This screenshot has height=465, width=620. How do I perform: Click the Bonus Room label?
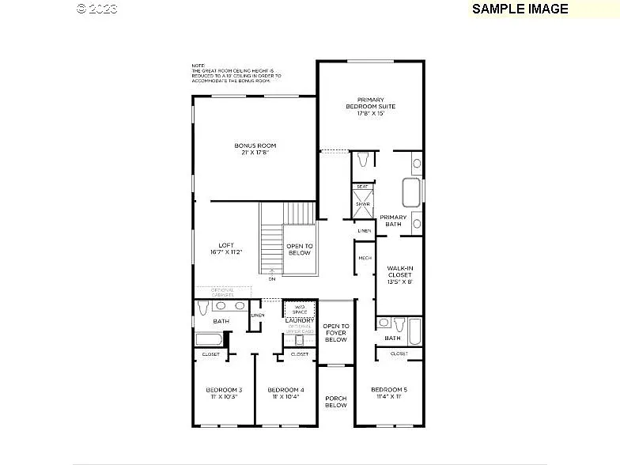tap(255, 149)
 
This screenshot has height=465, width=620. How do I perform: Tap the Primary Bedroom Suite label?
tap(370, 106)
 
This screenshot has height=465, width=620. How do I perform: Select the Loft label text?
tap(226, 248)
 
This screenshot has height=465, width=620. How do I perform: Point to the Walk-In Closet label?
tap(399, 274)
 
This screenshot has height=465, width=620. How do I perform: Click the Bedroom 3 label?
tap(224, 393)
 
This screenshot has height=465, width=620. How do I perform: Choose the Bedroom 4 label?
tap(285, 393)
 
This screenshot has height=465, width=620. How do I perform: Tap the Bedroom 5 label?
tap(388, 393)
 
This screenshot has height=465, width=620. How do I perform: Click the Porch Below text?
tap(336, 402)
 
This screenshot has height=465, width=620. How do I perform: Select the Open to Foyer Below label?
tap(336, 332)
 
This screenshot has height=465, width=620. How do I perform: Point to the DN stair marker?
tap(272, 278)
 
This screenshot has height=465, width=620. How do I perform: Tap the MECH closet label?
tap(365, 258)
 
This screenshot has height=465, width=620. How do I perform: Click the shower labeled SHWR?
tap(362, 204)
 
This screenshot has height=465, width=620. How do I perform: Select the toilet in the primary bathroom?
tap(363, 161)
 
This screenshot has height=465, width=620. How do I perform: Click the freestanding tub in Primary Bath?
tap(412, 192)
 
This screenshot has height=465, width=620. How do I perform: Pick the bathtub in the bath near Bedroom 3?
tap(209, 339)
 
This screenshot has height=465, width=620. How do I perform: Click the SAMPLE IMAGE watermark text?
tap(520, 9)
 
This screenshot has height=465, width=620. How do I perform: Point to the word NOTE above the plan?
tap(197, 66)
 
